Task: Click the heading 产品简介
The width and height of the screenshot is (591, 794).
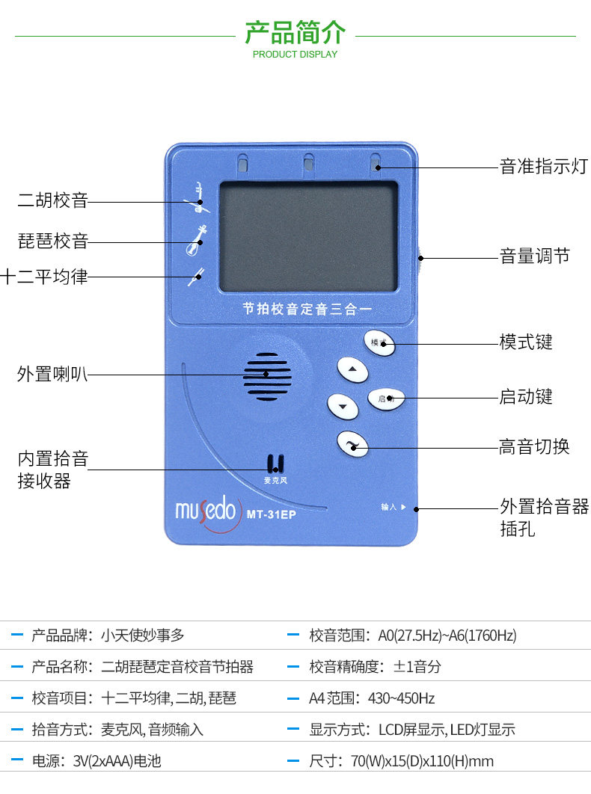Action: (x=295, y=32)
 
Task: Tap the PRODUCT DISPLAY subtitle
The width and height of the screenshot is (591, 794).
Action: (x=295, y=55)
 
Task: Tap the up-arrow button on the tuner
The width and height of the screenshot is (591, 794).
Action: (x=353, y=369)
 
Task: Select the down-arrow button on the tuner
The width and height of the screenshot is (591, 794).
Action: (x=343, y=406)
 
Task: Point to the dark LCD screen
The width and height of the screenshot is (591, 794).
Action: (x=307, y=236)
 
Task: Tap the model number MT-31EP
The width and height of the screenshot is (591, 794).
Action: (x=271, y=514)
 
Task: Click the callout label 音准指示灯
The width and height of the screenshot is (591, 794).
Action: (x=544, y=167)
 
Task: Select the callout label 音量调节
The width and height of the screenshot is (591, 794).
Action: (x=535, y=256)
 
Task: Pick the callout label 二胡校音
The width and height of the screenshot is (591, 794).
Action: (x=53, y=200)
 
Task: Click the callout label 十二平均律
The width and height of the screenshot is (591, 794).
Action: (x=44, y=277)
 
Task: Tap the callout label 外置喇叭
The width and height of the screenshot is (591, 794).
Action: (x=53, y=374)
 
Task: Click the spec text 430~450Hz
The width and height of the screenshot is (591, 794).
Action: (x=402, y=698)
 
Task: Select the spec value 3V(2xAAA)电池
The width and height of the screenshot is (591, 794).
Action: (x=117, y=761)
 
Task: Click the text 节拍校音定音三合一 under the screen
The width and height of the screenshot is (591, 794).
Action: (x=307, y=308)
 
